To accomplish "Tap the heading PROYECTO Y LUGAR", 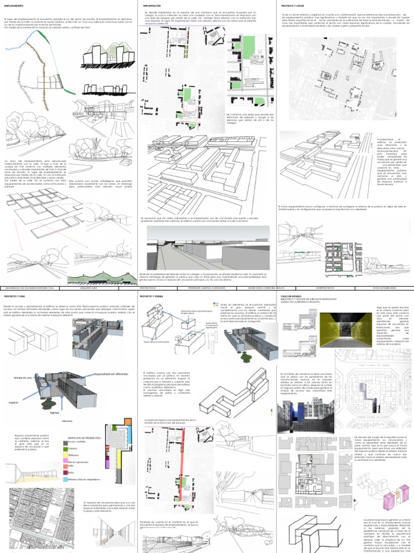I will pyautogui.click(x=293, y=5).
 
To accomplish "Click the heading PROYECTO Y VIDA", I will pyautogui.click(x=15, y=297).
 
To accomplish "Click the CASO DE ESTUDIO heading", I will pyautogui.click(x=292, y=296).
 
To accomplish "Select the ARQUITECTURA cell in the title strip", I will pyautogui.click(x=88, y=288).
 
